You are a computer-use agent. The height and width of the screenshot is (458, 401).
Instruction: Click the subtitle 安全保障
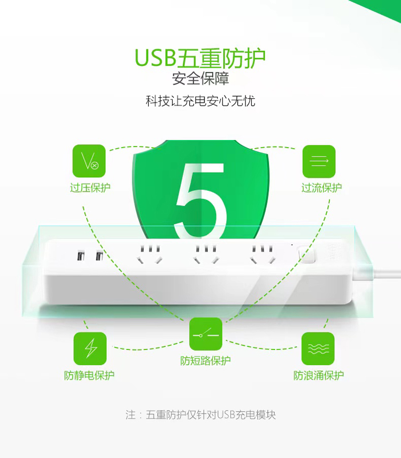tap(200, 79)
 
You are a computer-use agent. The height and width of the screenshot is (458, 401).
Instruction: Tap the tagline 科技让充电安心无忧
tap(200, 101)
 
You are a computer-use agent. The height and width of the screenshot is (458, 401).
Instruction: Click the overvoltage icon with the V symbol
tap(89, 161)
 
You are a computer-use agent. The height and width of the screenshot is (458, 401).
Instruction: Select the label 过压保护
tap(90, 188)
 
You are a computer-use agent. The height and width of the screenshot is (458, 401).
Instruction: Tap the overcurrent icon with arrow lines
tap(319, 161)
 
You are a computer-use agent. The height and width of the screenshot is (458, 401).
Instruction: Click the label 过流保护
tap(321, 188)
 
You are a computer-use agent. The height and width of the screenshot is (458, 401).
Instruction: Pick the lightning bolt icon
tap(90, 348)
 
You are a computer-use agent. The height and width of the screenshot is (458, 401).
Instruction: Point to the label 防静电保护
tap(89, 375)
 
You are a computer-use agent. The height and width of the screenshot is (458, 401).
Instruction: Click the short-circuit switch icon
tap(206, 334)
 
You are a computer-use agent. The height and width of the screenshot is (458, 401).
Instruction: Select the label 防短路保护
tap(205, 361)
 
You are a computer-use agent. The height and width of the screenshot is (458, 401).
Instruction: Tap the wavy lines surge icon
tap(318, 348)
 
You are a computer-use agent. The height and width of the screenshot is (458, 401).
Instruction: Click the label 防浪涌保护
tap(319, 375)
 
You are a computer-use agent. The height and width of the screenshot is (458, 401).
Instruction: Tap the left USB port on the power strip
tap(81, 256)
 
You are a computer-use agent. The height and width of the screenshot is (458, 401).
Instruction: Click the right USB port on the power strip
tap(99, 256)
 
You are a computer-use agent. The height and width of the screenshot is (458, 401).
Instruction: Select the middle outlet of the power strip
tap(206, 255)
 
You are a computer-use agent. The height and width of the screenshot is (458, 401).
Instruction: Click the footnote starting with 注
tap(200, 415)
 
